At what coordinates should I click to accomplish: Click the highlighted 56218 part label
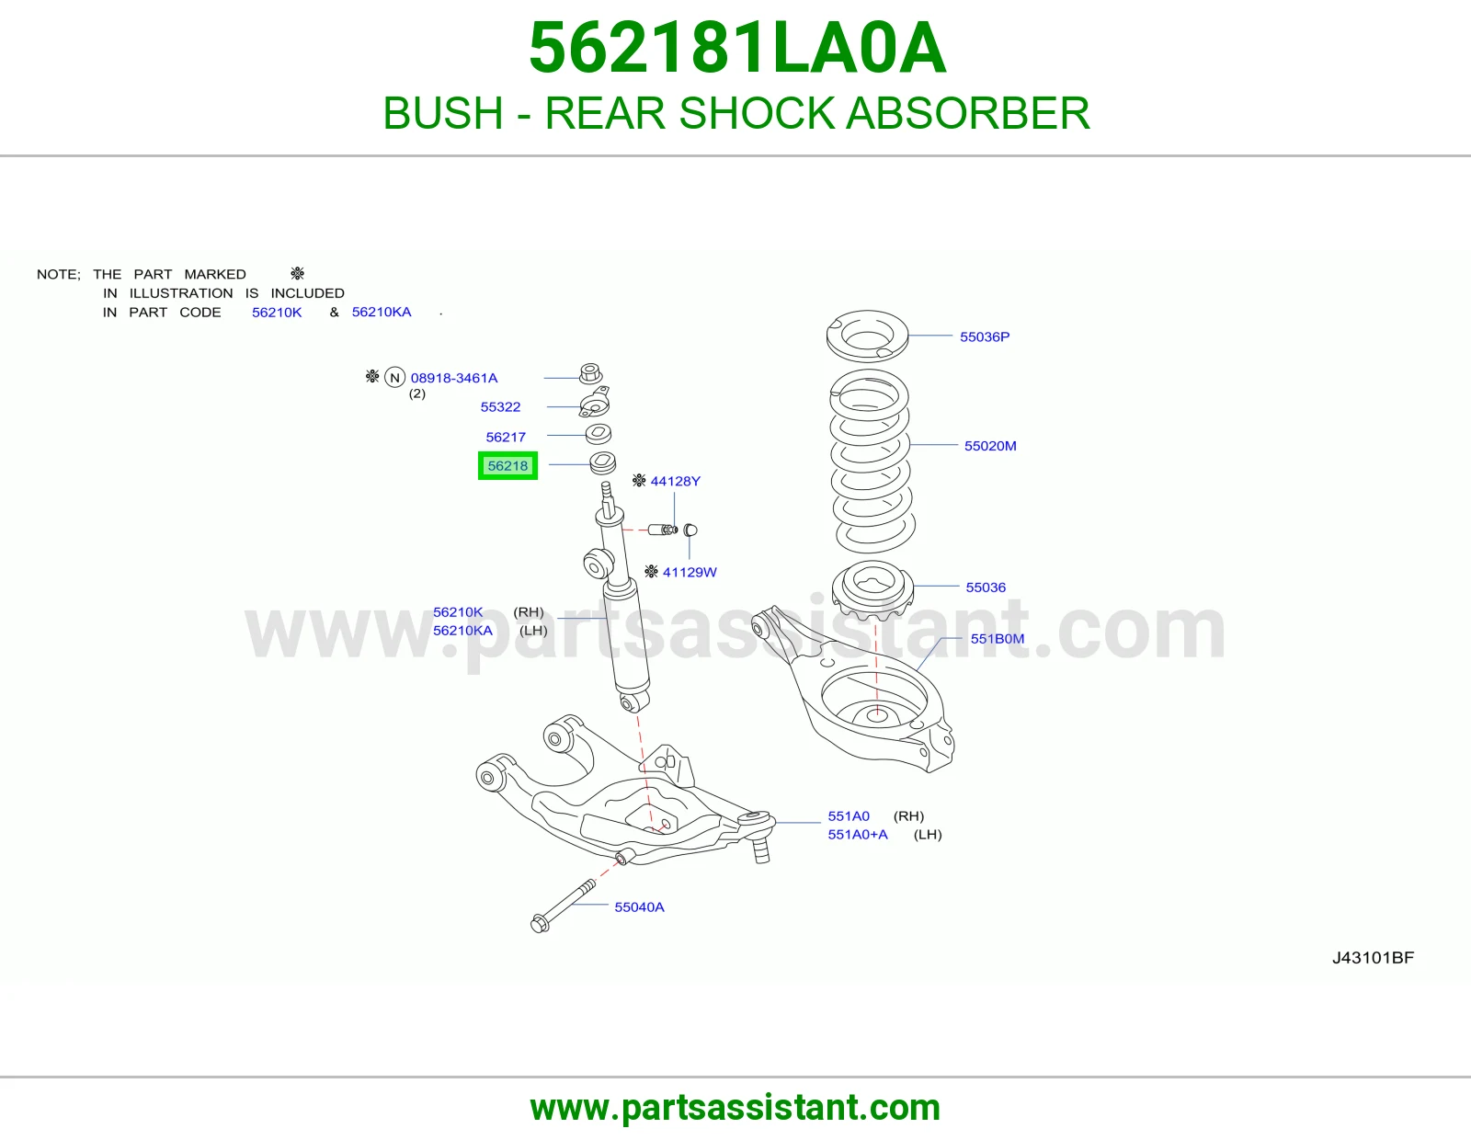507,466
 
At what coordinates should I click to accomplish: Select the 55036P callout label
985,336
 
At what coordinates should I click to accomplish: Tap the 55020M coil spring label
990,446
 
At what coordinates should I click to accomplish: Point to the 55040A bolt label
639,907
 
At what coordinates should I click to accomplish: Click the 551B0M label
998,638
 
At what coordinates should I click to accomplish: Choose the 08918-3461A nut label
454,378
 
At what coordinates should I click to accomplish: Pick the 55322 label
500,407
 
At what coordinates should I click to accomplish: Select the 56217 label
506,438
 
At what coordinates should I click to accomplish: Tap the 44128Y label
675,482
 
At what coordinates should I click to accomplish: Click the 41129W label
690,572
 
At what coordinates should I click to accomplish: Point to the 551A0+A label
858,835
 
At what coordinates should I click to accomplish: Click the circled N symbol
394,377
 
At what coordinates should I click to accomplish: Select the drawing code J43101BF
1373,958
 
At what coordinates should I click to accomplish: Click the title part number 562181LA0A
737,48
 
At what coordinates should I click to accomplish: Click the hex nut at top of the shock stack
591,373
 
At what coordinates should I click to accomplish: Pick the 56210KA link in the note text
382,312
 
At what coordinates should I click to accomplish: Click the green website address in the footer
735,1108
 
